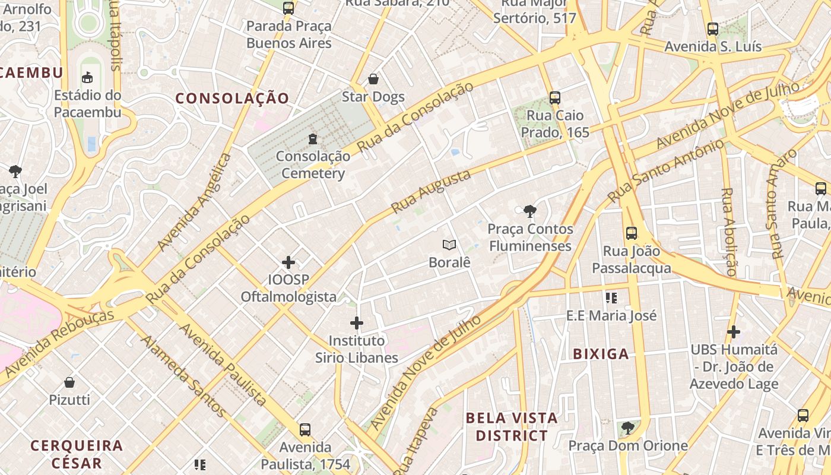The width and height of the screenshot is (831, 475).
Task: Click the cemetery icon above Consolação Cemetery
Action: tap(313, 139)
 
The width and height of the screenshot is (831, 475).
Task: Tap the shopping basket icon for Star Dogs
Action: tap(373, 79)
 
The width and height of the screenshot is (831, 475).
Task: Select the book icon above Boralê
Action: tap(449, 245)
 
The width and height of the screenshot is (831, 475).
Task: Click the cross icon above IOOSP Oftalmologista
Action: tap(288, 262)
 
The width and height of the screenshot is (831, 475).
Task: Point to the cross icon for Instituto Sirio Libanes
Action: tap(357, 323)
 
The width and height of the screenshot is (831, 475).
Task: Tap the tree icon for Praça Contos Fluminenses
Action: tap(530, 211)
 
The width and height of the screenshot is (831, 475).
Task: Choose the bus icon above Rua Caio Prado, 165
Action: tap(555, 98)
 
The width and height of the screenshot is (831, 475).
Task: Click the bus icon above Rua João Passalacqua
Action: tap(632, 233)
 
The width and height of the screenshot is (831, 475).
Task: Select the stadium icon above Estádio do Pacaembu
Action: tap(87, 77)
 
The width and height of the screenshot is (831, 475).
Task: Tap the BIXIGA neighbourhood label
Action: tap(601, 354)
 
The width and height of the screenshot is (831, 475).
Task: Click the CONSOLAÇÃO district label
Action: tap(233, 99)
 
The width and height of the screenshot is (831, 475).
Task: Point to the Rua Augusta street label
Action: tap(431, 191)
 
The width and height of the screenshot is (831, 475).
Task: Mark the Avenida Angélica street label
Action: tap(194, 202)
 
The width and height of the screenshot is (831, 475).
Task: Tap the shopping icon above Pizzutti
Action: tap(69, 382)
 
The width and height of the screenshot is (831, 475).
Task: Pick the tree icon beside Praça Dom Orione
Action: tap(627, 427)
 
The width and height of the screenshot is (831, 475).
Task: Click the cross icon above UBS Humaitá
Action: tap(734, 332)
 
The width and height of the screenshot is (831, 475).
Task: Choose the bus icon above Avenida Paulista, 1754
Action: tap(305, 429)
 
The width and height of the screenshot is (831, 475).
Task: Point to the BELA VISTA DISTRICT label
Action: tap(511, 426)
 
